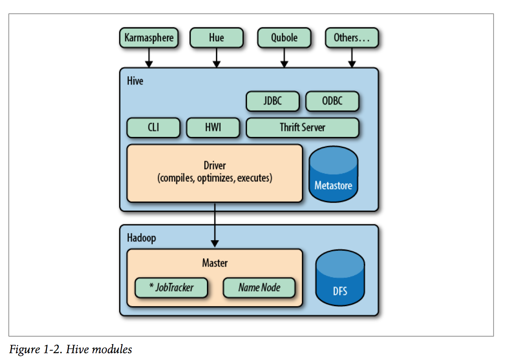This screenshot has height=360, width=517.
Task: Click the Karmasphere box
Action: [x=149, y=38]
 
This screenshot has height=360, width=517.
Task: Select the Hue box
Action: [x=217, y=38]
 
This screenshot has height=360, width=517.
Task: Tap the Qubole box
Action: [x=284, y=38]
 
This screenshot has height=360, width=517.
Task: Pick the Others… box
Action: [x=352, y=38]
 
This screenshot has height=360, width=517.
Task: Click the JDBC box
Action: [x=273, y=101]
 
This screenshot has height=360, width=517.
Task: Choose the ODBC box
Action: [x=332, y=101]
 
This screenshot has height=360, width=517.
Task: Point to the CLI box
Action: [x=154, y=128]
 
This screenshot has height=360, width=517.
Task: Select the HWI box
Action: [x=213, y=128]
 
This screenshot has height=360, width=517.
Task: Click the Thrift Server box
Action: [x=302, y=128]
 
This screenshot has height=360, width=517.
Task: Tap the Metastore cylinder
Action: [x=333, y=174]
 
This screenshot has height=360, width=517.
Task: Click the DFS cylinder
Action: [x=340, y=278]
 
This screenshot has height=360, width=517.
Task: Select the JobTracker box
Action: [x=171, y=287]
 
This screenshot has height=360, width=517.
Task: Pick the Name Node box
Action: [x=259, y=287]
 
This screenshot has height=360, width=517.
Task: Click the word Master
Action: [x=215, y=263]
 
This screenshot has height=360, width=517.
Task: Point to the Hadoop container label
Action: [x=142, y=238]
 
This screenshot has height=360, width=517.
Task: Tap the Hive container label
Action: [x=135, y=81]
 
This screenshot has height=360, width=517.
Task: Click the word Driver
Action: [x=215, y=165]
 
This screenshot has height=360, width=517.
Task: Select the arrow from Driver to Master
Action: [x=215, y=225]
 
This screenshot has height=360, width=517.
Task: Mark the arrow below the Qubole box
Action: [x=284, y=58]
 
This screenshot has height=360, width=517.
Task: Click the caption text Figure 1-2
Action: [x=36, y=349]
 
